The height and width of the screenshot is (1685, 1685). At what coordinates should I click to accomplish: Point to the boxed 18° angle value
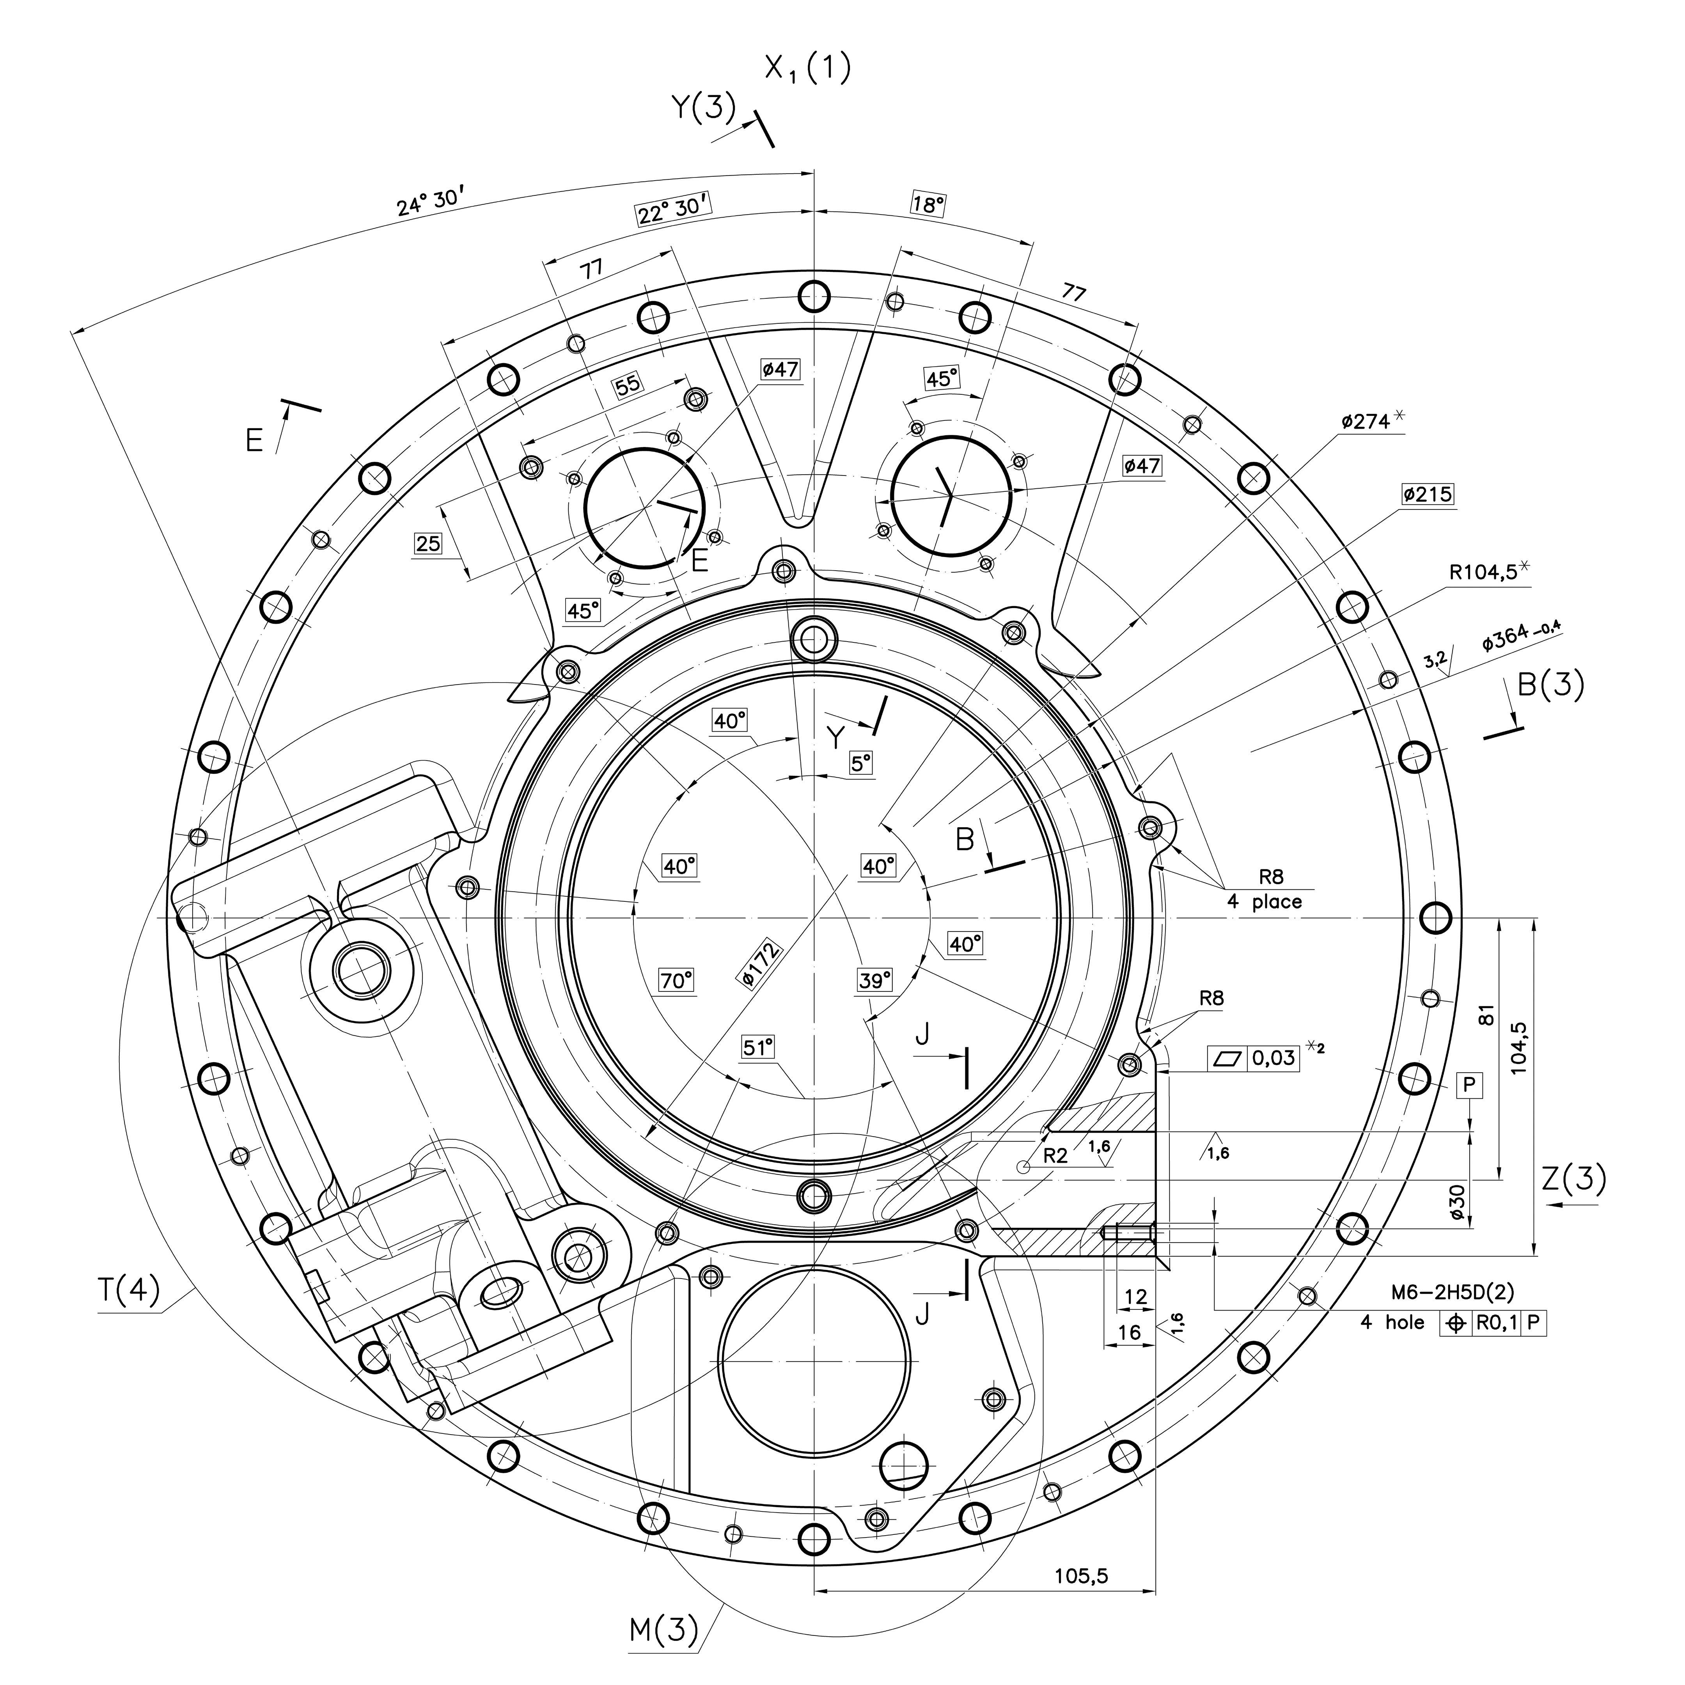[x=929, y=204]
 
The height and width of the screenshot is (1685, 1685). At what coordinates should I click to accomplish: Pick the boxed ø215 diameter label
[x=1428, y=495]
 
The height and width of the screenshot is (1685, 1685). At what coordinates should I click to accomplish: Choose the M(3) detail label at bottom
[x=664, y=1629]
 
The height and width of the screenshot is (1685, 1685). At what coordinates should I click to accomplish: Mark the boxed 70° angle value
[x=676, y=981]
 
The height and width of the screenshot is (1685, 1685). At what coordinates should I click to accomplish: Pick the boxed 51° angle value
[x=758, y=1047]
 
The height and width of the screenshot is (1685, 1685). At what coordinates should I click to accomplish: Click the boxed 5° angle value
[x=861, y=764]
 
